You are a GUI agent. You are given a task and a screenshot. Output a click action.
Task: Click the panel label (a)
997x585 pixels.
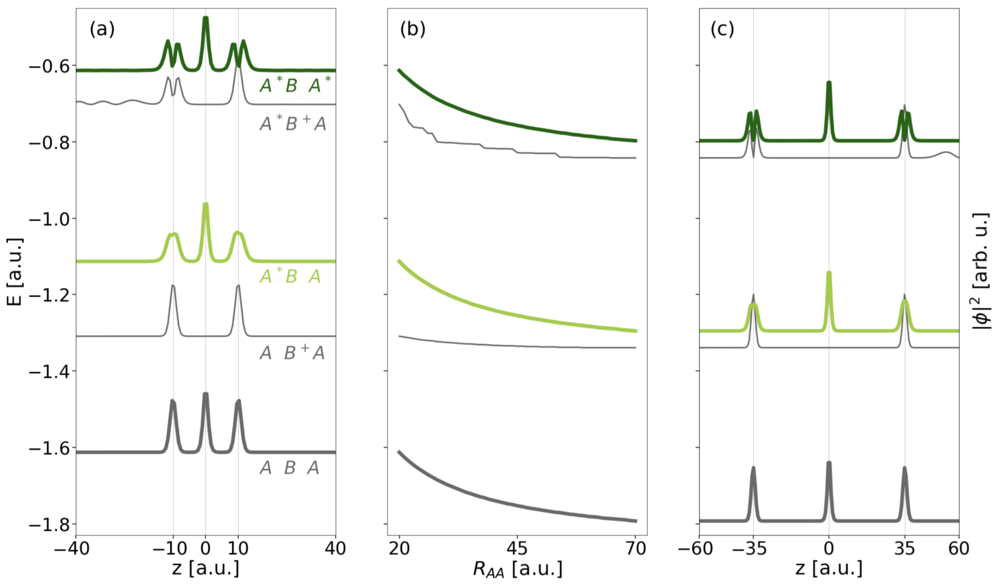point(102,29)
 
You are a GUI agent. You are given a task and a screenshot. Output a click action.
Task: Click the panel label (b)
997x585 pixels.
point(413,29)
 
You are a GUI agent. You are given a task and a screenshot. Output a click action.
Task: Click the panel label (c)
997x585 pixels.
point(722,29)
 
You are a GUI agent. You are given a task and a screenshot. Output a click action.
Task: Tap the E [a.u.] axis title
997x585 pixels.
point(14,272)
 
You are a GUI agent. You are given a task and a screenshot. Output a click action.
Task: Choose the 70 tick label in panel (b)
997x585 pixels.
point(636,549)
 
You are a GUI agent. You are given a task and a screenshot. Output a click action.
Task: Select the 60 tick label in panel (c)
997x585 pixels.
point(959,549)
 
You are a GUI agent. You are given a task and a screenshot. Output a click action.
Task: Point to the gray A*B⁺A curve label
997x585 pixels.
point(293,123)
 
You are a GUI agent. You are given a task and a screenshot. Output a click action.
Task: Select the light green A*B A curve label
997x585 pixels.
point(290,276)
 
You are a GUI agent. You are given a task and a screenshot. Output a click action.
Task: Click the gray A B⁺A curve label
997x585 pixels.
point(292,352)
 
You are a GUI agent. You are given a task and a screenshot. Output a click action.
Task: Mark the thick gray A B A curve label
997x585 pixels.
point(289,468)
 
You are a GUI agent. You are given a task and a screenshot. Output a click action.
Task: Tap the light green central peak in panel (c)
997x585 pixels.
point(829,277)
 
